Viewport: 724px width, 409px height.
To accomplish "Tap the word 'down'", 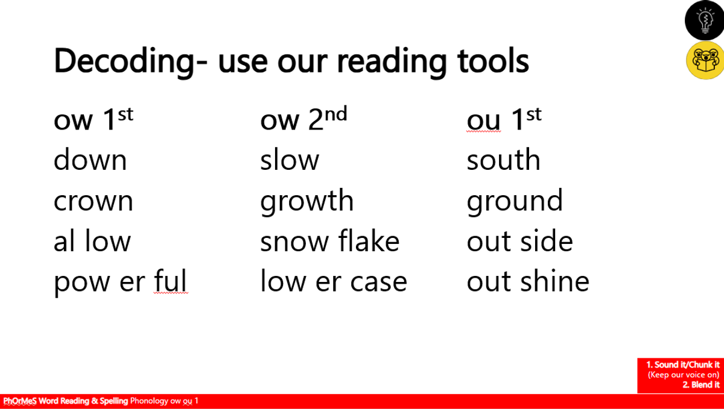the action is click(x=90, y=160).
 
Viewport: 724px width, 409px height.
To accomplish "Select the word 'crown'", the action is click(x=93, y=201).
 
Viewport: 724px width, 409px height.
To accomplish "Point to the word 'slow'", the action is click(x=290, y=160).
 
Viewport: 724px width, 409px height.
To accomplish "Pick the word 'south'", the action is click(x=504, y=160).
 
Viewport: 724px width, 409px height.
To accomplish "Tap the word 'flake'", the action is click(x=369, y=240).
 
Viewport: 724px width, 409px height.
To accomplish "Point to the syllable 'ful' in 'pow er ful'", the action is click(x=170, y=281).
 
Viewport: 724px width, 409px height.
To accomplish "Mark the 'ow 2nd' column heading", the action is click(x=303, y=119).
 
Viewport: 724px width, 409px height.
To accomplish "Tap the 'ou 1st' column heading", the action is click(x=504, y=119).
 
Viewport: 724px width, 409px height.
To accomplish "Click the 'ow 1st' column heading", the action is click(x=94, y=119).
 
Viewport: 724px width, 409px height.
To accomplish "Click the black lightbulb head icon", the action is click(x=704, y=20).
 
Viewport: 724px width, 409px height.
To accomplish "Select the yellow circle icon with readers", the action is click(x=705, y=60).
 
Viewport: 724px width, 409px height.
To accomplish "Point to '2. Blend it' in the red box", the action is click(x=700, y=385).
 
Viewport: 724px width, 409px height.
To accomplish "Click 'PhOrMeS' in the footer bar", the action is click(x=20, y=401).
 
